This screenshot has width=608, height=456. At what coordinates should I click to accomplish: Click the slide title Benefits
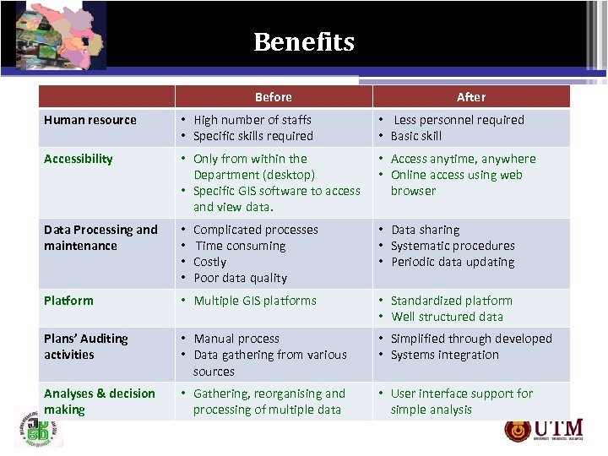(x=304, y=41)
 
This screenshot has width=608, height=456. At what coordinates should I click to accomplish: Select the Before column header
(x=273, y=97)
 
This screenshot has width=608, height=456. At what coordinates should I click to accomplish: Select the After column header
(x=471, y=97)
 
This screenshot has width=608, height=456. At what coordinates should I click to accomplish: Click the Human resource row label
(x=90, y=120)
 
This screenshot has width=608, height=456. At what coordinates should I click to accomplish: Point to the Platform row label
(x=68, y=301)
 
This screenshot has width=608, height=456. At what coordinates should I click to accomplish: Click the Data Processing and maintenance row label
(x=100, y=237)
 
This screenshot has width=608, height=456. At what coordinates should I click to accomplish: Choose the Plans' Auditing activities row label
(x=86, y=346)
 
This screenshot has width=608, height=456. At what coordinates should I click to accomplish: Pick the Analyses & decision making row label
(x=100, y=401)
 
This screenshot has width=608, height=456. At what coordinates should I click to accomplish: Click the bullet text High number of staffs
(x=252, y=120)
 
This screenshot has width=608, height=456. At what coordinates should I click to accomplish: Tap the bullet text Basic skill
(x=415, y=136)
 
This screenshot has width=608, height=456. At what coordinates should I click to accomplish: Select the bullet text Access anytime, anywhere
(x=463, y=159)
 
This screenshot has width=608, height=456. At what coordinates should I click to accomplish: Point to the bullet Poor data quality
(x=240, y=278)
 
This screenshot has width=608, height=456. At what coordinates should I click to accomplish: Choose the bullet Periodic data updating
(x=452, y=262)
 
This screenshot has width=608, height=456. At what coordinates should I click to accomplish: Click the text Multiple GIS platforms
(x=255, y=301)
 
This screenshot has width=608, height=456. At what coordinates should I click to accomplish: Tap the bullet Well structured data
(x=447, y=317)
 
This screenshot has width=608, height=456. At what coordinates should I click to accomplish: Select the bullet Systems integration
(x=444, y=355)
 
